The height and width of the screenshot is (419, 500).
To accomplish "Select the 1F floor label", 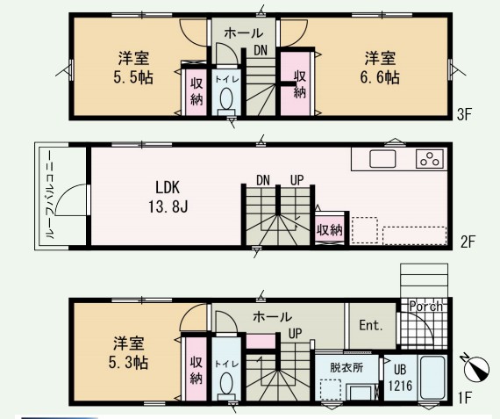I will pos(465,398).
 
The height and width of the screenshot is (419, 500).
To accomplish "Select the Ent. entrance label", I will pos(372,325).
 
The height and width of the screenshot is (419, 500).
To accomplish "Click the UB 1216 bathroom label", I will pos(399,378).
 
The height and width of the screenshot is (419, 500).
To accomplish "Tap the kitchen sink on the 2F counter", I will pos(383,160).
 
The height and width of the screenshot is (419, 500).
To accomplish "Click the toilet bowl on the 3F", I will pos(227,103).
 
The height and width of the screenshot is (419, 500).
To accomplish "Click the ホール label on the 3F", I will pos(242,33).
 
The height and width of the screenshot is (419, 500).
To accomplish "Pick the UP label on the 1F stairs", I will pos(296,334).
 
